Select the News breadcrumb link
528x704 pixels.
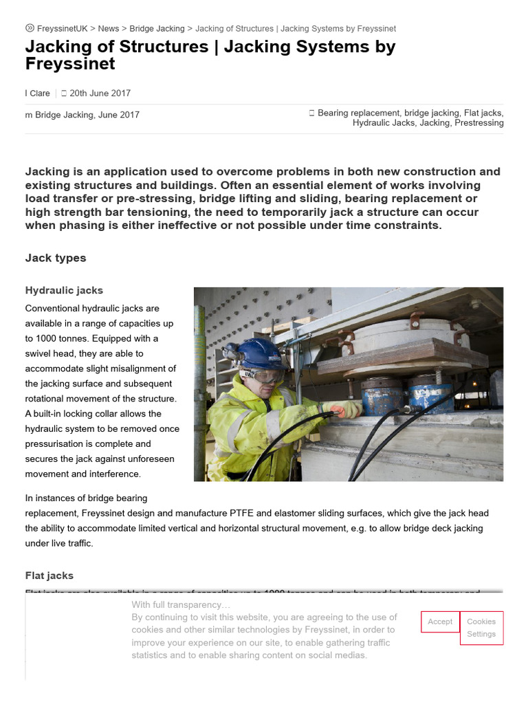click(x=108, y=29)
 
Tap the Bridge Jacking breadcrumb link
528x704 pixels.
click(x=157, y=29)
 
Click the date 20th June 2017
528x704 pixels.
click(x=100, y=93)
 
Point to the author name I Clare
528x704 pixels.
click(x=38, y=93)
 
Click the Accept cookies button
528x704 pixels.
click(x=440, y=621)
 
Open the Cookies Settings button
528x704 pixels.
click(x=481, y=628)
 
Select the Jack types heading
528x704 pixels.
click(x=56, y=258)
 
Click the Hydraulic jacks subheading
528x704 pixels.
click(x=64, y=291)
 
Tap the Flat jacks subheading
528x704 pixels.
click(x=49, y=575)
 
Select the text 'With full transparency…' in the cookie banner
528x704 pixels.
click(x=181, y=605)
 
